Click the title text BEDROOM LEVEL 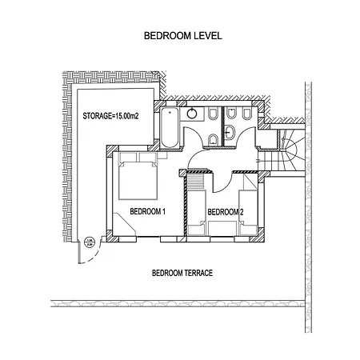[183, 35]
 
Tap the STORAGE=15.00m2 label [110, 116]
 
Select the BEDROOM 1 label [148, 211]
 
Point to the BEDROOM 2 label [226, 212]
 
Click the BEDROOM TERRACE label [182, 273]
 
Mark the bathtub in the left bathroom [170, 127]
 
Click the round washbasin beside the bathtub [192, 114]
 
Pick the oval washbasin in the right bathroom [229, 133]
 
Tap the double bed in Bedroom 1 [138, 176]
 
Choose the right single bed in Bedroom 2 [248, 213]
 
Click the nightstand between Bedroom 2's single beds [222, 229]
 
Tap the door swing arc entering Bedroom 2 [226, 186]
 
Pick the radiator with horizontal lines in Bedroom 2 [196, 182]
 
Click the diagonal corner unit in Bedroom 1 [124, 225]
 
